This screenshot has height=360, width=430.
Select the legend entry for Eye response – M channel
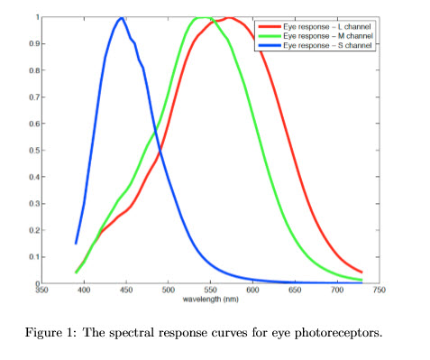326,35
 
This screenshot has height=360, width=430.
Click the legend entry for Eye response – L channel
326,26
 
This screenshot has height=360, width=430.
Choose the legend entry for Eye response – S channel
326,44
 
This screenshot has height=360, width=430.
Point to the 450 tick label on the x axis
125,291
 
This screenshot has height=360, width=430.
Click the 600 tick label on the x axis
252,291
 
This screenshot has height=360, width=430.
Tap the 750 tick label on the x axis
379,291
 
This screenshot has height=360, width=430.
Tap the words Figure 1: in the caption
76,332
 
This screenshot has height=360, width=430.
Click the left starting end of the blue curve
76,243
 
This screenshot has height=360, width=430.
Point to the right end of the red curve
361,272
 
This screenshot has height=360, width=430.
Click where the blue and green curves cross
157,130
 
